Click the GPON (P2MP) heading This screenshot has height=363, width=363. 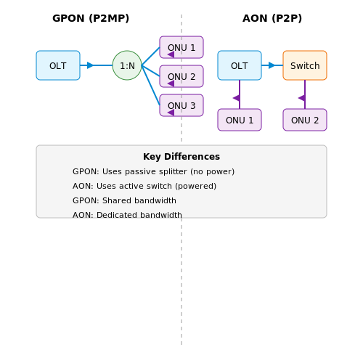tap(91, 18)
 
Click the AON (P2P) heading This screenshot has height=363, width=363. tap(272, 18)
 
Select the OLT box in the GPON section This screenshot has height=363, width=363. tap(58, 65)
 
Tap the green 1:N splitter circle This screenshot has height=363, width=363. tap(127, 65)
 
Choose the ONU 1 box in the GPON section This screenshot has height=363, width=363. tap(181, 47)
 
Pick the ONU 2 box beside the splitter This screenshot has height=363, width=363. tap(181, 76)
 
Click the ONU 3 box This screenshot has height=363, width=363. tap(181, 105)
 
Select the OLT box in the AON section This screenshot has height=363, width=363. tap(240, 65)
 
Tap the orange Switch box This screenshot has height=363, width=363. tap(305, 65)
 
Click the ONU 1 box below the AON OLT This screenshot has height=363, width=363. tap(240, 120)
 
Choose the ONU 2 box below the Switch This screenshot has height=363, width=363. tap(305, 120)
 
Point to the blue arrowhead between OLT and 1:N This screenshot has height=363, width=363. tap(90, 65)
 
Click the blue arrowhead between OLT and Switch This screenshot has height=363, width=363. tap(272, 65)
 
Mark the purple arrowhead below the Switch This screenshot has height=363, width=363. tap(302, 98)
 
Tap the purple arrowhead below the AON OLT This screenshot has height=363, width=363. tap(237, 98)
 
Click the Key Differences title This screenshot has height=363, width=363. tap(181, 157)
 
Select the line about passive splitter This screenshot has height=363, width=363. tap(153, 171)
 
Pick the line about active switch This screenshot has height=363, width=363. tap(144, 186)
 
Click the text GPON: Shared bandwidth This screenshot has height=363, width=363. tap(124, 200)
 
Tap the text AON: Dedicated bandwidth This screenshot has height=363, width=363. tap(127, 215)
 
